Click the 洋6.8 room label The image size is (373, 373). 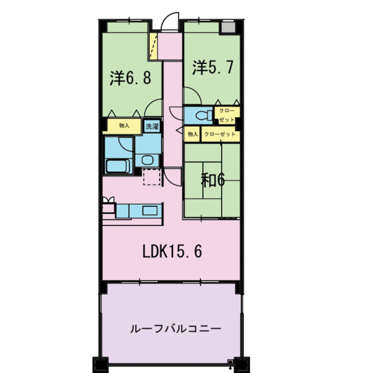130,77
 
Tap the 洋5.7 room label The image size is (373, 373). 212,68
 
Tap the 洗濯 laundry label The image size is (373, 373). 152,126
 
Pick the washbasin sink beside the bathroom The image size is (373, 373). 148,160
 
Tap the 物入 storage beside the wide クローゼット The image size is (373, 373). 192,134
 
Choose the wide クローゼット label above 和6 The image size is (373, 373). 220,134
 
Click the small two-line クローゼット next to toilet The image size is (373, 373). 226,114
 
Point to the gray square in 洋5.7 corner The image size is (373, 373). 228,27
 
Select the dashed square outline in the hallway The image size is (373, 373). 152,177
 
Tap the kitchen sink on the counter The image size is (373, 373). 149,211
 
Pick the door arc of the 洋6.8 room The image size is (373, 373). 155,106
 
